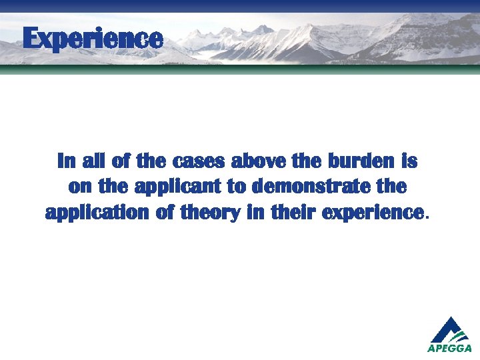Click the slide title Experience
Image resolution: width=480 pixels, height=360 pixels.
tap(92, 38)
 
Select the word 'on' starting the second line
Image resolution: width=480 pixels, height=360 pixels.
tap(79, 187)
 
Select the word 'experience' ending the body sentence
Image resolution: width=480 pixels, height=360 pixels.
tap(372, 213)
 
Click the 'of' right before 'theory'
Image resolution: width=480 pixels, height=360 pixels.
tap(163, 213)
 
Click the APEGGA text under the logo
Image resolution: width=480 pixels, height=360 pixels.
tap(449, 348)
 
